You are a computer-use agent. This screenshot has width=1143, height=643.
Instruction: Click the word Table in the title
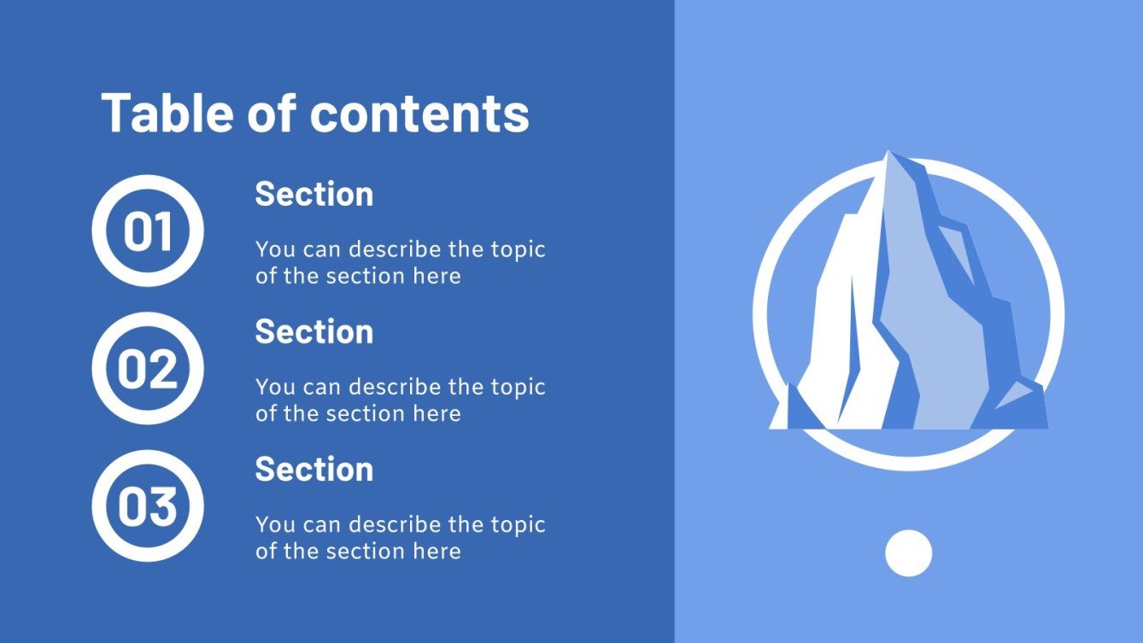tap(167, 113)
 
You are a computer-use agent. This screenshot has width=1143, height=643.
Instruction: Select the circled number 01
tap(148, 231)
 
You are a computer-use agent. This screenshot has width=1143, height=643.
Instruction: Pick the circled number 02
tap(148, 368)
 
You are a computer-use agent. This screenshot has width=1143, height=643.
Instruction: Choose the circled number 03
tap(148, 506)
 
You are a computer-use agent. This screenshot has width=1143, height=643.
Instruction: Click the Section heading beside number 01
tap(314, 195)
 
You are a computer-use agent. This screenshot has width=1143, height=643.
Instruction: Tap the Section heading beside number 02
tap(314, 332)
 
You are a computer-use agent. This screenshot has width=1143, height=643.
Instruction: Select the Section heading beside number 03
tap(314, 470)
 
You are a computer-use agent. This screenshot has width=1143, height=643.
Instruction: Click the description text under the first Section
tap(400, 263)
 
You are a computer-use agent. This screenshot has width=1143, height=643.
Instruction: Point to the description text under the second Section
tap(400, 400)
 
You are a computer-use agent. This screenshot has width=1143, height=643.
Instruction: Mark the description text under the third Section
tap(400, 537)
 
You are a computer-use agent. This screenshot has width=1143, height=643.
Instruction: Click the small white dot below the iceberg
tap(908, 552)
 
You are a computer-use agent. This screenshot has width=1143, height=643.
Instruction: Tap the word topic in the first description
tap(518, 250)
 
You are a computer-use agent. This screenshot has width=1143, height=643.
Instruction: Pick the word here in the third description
tap(437, 551)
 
